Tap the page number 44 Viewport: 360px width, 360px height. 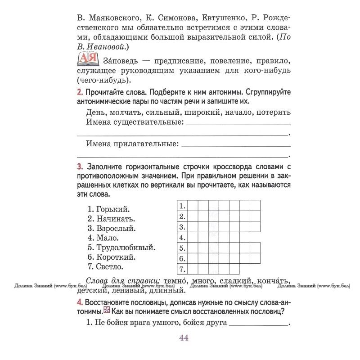(x=184, y=338)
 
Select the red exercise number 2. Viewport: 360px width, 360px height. (x=80, y=92)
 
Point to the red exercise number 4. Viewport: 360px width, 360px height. (x=80, y=301)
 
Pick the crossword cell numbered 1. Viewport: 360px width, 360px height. (x=182, y=206)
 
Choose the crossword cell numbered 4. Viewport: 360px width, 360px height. (x=182, y=238)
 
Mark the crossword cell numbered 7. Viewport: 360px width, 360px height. (x=182, y=270)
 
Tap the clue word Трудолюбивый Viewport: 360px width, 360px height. (x=126, y=247)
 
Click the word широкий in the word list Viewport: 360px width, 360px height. (x=200, y=112)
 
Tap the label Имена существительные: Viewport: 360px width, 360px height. (x=135, y=122)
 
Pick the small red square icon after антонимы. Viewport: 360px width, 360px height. (x=107, y=310)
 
